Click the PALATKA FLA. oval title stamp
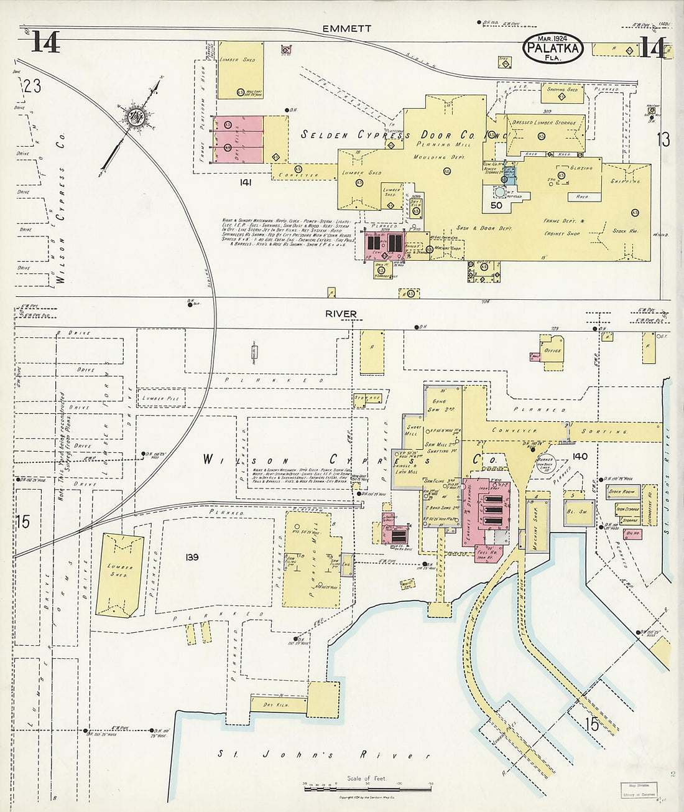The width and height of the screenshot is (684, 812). click(x=553, y=49)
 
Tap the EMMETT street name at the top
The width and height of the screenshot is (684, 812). click(x=347, y=29)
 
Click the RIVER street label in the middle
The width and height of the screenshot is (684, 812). click(x=341, y=314)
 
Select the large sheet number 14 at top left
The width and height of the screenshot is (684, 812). click(x=45, y=42)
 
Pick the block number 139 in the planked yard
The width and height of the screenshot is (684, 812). click(x=191, y=557)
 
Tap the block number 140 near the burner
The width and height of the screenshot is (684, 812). click(x=580, y=456)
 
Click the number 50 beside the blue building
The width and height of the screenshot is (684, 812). click(x=496, y=205)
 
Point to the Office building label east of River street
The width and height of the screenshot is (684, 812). click(x=552, y=350)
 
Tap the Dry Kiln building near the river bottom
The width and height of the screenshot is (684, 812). click(x=278, y=705)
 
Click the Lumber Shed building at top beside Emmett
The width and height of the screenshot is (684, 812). click(x=240, y=70)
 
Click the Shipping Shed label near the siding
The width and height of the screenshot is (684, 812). click(x=562, y=90)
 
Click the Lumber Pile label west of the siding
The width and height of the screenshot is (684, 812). click(x=160, y=398)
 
